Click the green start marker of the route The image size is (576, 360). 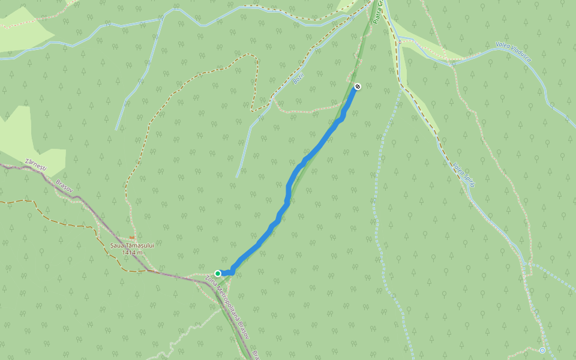pyautogui.click(x=218, y=274)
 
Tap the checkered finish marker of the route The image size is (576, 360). pyautogui.click(x=358, y=86)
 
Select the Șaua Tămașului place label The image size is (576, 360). pyautogui.click(x=133, y=245)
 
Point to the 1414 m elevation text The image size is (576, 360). pyautogui.click(x=132, y=253)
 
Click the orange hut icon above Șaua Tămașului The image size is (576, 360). pyautogui.click(x=131, y=237)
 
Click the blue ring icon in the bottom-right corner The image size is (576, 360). pyautogui.click(x=542, y=350)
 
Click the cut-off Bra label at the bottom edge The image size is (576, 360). pyautogui.click(x=254, y=354)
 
